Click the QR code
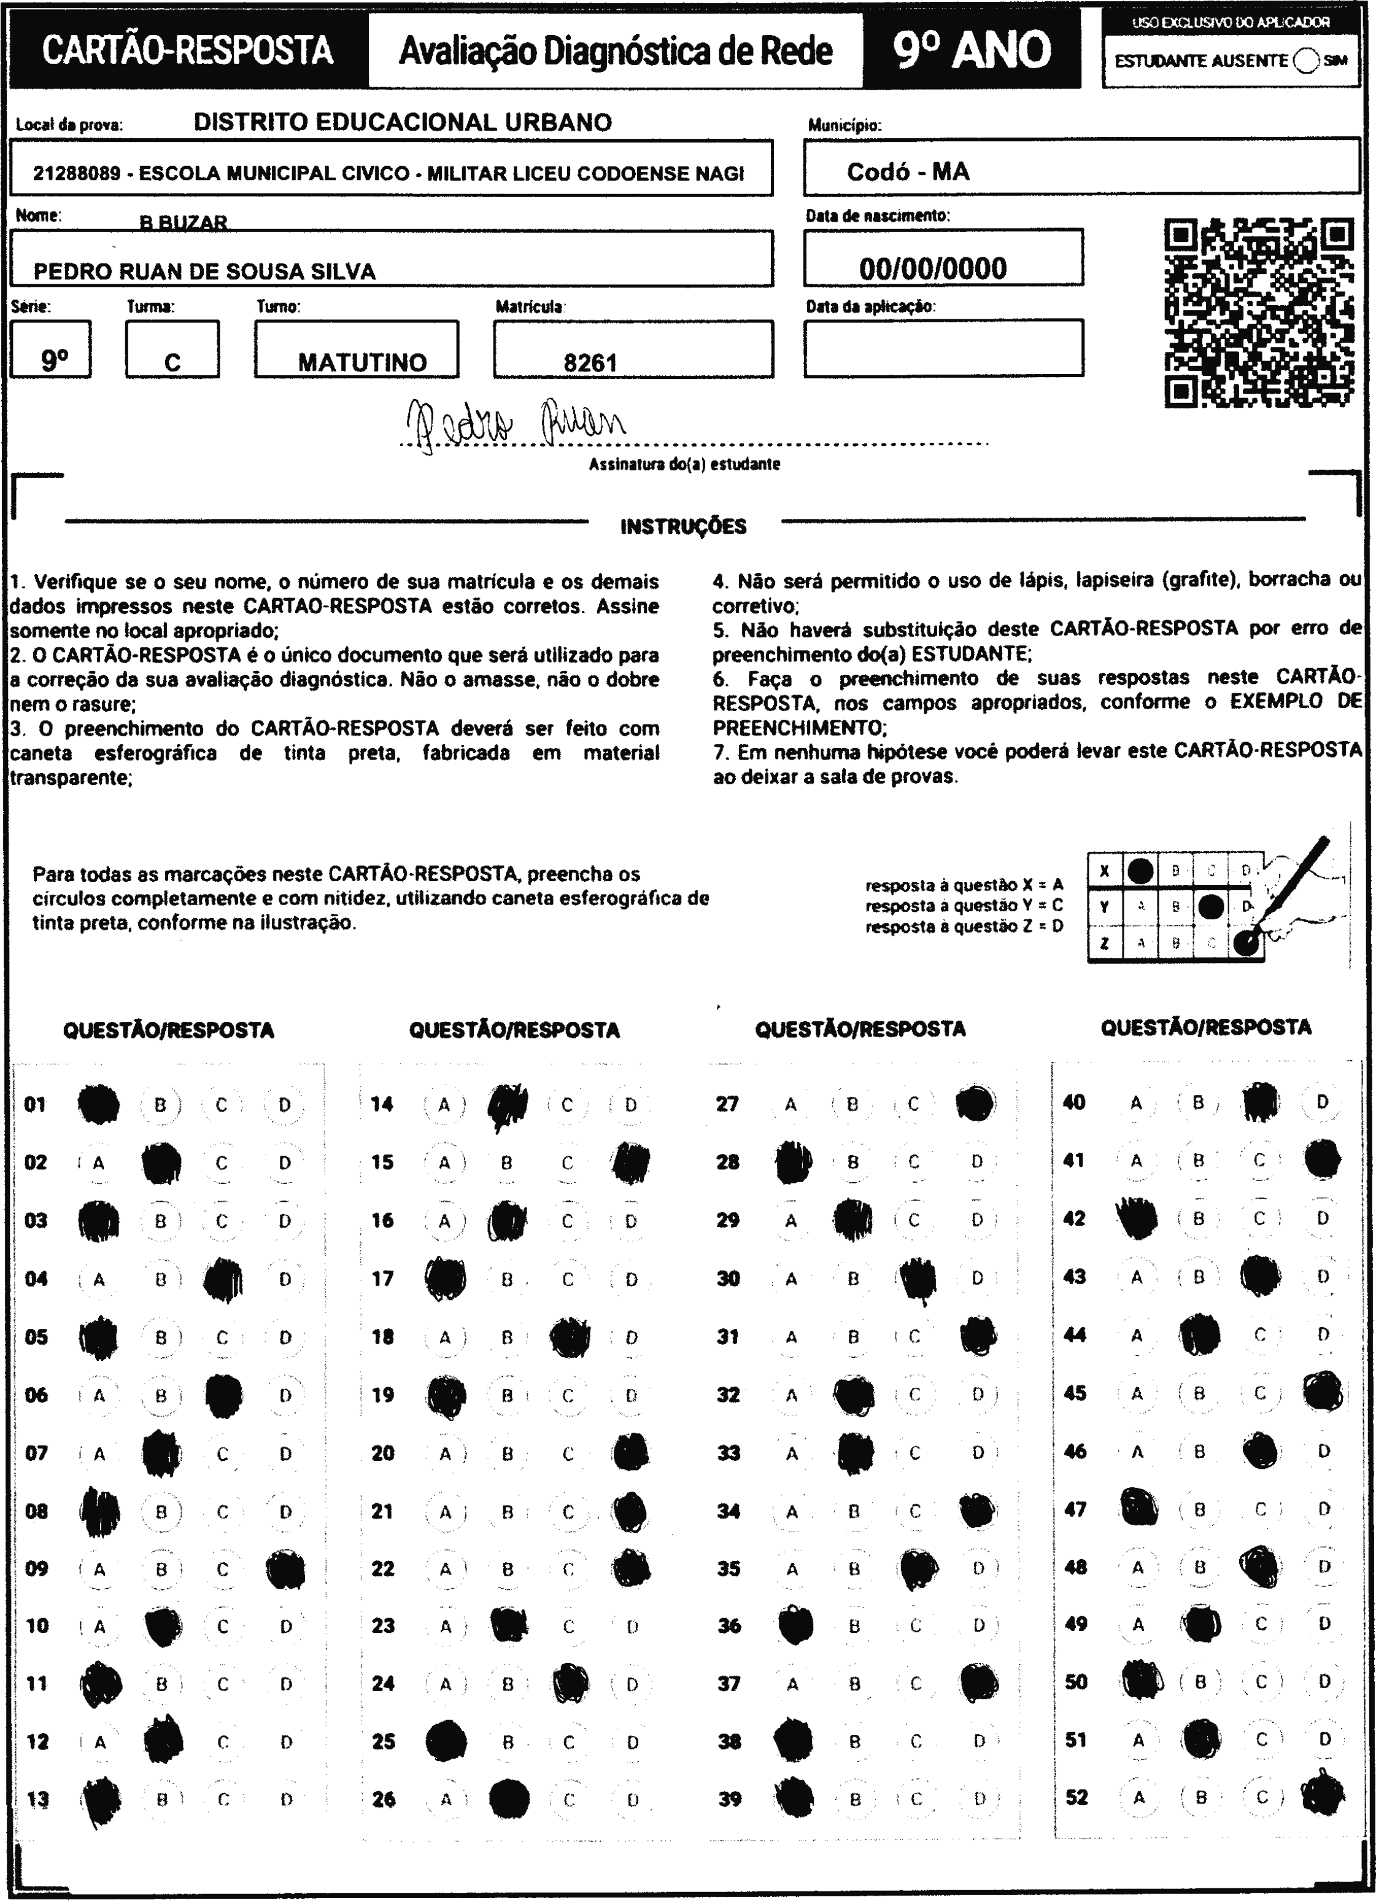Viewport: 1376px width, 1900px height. (x=1259, y=313)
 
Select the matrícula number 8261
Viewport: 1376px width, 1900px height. (x=590, y=363)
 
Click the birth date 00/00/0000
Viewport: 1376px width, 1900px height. (x=933, y=268)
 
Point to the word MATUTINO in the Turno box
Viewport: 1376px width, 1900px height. (x=361, y=363)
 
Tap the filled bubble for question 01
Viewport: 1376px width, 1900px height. (x=98, y=1104)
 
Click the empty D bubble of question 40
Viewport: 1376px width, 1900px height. (x=1323, y=1102)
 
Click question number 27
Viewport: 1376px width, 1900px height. (x=727, y=1104)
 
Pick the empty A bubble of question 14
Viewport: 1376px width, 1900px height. (x=444, y=1105)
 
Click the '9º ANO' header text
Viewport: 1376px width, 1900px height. (x=972, y=50)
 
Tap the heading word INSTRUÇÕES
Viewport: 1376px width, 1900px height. (x=683, y=527)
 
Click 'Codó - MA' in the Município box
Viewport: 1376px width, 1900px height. (x=908, y=172)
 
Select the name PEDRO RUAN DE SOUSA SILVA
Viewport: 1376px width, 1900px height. (x=204, y=271)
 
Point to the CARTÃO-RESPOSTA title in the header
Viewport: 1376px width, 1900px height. (x=188, y=50)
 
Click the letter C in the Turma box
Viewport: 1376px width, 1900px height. (x=172, y=363)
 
